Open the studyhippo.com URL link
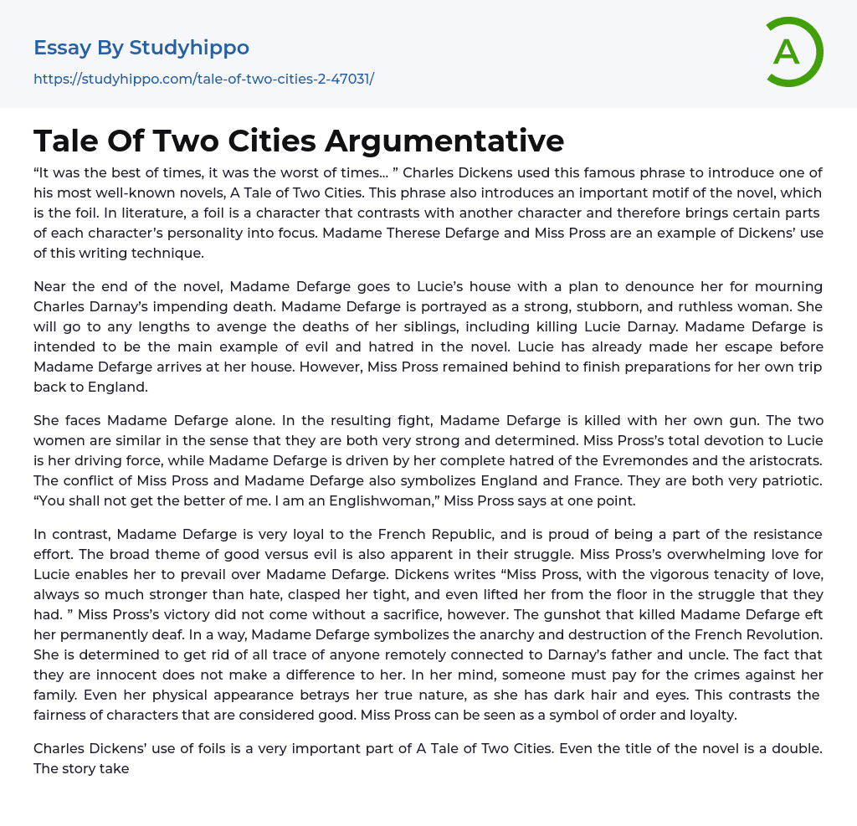point(203,80)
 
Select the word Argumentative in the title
point(444,140)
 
